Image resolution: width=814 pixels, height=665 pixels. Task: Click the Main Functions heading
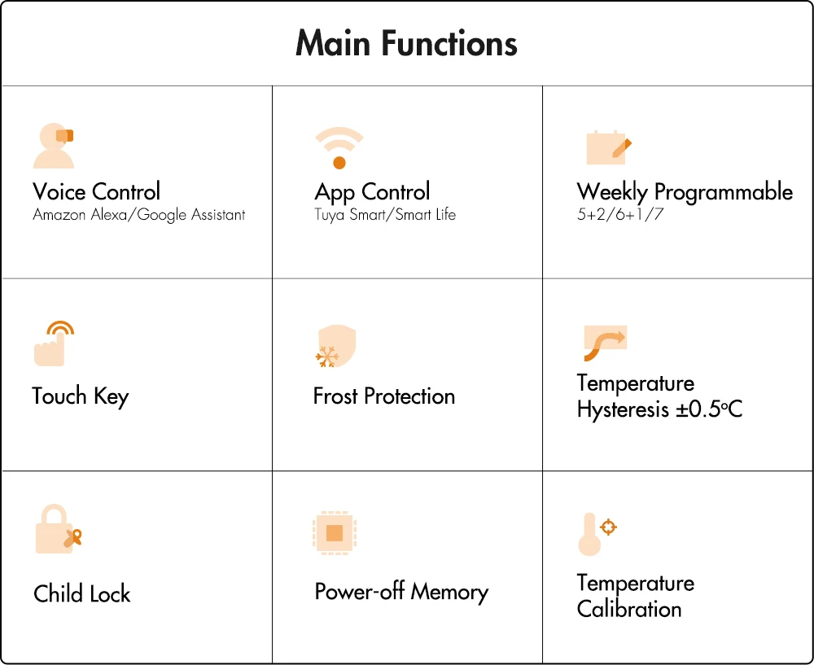(406, 43)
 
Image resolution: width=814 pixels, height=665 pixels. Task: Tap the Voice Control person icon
(54, 146)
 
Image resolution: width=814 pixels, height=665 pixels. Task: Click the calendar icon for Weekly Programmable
(608, 147)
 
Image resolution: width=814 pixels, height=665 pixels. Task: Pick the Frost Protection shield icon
(335, 347)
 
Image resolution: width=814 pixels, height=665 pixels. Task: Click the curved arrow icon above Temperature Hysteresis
(605, 343)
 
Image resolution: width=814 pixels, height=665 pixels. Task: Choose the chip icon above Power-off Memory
(335, 533)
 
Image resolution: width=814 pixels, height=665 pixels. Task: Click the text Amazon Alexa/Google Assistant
(139, 215)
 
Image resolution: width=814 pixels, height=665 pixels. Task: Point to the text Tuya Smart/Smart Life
(385, 215)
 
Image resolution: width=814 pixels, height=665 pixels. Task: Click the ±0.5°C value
(709, 409)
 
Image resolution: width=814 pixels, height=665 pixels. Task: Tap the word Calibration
(629, 609)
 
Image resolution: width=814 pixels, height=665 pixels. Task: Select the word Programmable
(723, 193)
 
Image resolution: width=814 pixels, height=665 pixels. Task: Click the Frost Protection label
(384, 396)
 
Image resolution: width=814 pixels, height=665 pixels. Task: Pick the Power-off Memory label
(401, 592)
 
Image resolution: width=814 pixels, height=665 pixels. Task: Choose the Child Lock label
(82, 593)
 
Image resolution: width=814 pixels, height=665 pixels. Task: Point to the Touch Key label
(81, 396)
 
